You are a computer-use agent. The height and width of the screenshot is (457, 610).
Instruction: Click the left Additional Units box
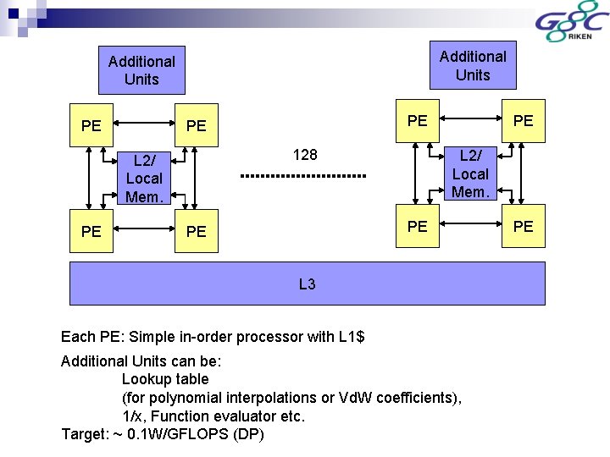141,70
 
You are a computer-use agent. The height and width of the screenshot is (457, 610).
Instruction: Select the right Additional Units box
472,65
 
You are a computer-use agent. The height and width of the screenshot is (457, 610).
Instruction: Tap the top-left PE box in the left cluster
91,126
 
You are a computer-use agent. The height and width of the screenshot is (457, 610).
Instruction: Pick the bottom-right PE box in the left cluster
196,231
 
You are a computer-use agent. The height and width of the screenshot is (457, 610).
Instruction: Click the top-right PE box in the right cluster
524,120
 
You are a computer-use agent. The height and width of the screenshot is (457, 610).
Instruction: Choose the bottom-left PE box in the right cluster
417,226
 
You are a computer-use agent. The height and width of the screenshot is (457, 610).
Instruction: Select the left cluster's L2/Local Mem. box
144,179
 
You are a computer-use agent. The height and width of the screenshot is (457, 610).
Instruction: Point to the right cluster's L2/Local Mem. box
470,173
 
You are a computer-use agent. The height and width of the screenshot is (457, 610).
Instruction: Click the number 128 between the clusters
305,155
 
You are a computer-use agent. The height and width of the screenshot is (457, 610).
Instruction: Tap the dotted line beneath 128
302,176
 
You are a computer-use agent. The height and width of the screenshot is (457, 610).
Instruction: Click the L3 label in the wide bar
307,284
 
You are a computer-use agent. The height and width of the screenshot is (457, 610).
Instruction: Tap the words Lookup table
165,379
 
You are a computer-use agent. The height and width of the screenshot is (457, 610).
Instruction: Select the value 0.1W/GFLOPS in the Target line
169,435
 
